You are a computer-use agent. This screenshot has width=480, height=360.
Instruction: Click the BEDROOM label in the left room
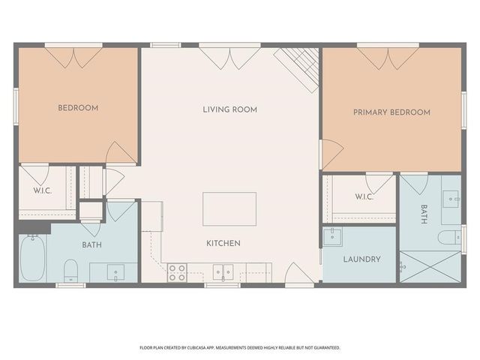(78, 108)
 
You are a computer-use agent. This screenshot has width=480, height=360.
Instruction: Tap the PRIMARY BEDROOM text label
(391, 112)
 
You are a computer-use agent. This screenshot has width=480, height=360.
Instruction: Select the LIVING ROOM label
(229, 109)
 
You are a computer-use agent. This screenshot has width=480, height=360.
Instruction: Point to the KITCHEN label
(223, 243)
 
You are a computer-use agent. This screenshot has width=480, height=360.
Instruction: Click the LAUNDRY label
(361, 259)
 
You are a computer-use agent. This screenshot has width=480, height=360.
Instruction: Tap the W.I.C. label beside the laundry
(364, 197)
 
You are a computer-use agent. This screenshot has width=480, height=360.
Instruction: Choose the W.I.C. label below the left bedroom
(42, 190)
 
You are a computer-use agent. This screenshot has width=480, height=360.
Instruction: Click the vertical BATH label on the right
(424, 214)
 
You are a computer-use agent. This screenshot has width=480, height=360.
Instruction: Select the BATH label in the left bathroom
(92, 245)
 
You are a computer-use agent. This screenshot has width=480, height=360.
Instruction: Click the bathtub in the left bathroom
(32, 258)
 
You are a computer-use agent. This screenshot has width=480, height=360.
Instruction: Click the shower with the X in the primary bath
(430, 266)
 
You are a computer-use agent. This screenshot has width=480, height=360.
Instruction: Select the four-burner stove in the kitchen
(177, 272)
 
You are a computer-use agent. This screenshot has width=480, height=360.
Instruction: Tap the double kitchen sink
(223, 271)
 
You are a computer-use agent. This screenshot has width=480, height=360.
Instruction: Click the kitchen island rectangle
(229, 208)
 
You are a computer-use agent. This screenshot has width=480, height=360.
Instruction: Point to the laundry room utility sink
(332, 237)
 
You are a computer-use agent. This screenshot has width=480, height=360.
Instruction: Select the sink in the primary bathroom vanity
(451, 198)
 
